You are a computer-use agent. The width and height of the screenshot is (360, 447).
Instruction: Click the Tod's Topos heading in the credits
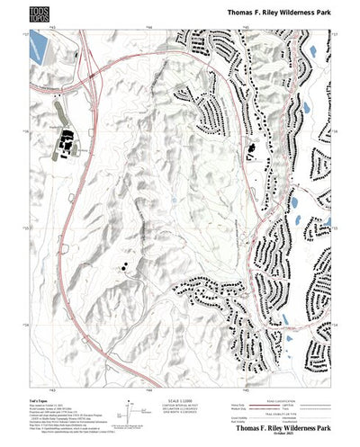tap(37, 398)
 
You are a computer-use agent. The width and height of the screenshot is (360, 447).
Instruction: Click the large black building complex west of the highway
tap(64, 141)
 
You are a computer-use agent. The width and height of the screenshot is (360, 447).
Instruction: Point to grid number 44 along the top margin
tap(148, 28)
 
